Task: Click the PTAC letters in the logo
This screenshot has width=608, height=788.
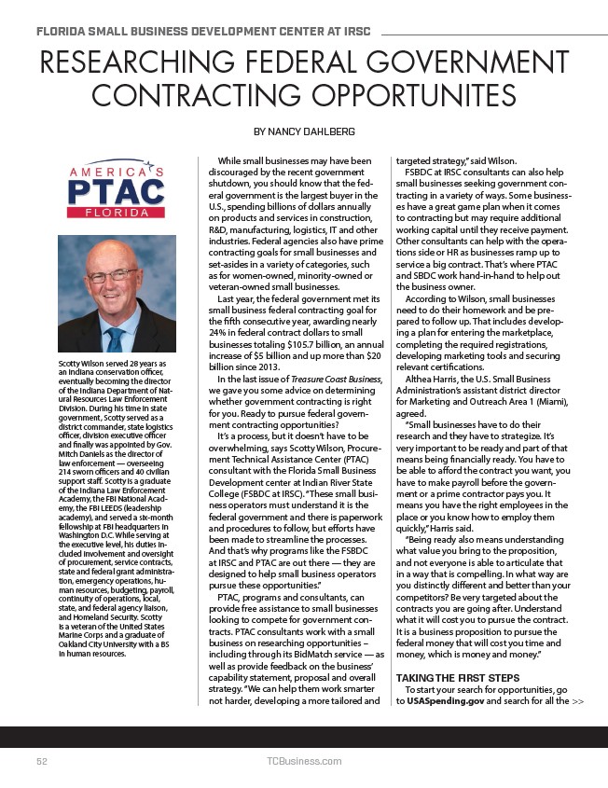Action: click(117, 193)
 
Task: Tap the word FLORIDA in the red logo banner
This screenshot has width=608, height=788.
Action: click(117, 214)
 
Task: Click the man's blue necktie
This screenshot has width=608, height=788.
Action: click(115, 337)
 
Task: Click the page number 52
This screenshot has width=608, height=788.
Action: click(43, 761)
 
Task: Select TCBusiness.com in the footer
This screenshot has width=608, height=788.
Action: click(303, 761)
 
